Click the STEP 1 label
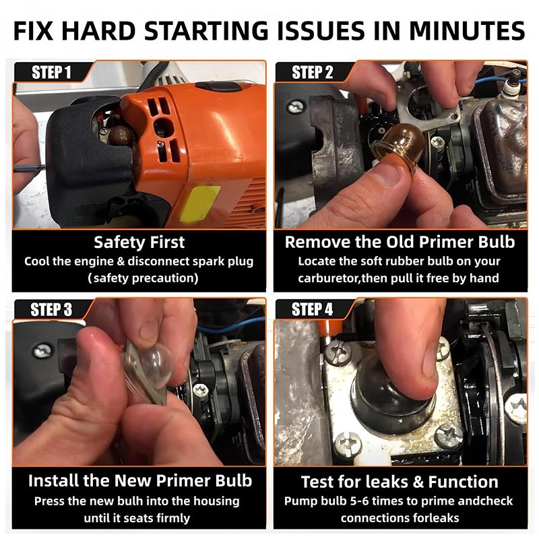point(51,72)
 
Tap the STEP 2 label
point(312,72)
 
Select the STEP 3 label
point(51,309)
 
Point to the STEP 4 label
point(312,309)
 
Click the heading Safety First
point(139,242)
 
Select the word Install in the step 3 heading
point(53,480)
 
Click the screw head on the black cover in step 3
point(42,350)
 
